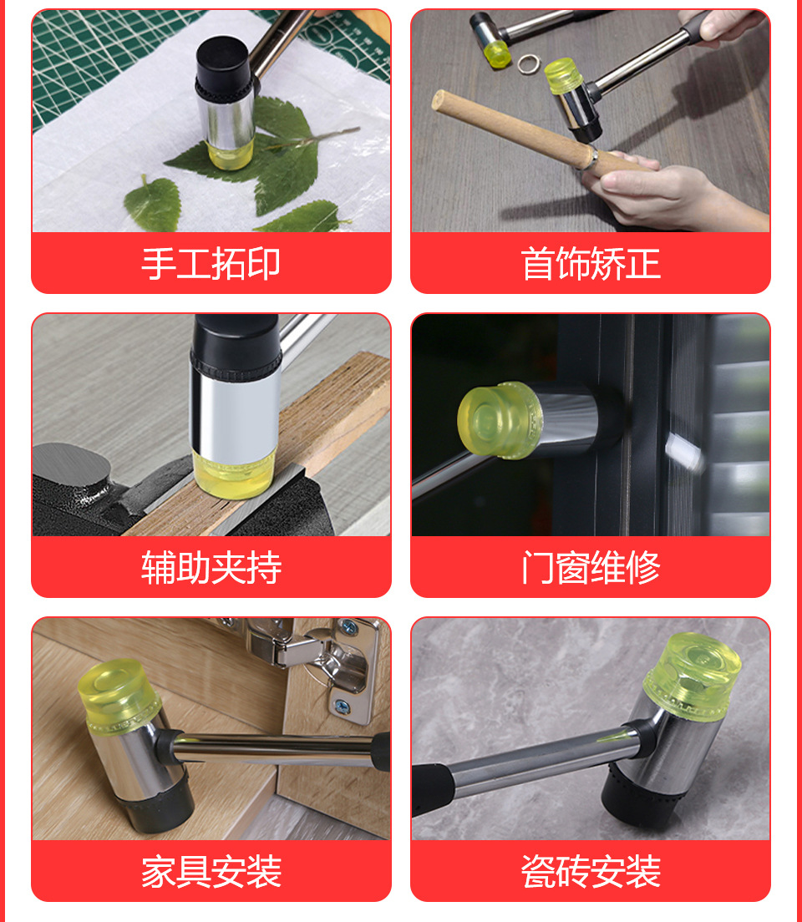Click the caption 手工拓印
pos(211,264)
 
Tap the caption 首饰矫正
pos(591,264)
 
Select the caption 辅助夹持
pos(211,568)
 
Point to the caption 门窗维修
pos(591,568)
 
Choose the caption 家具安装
pos(211,872)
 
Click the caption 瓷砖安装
pos(591,872)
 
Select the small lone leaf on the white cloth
pos(153,203)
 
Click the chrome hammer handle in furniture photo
pos(276,748)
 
